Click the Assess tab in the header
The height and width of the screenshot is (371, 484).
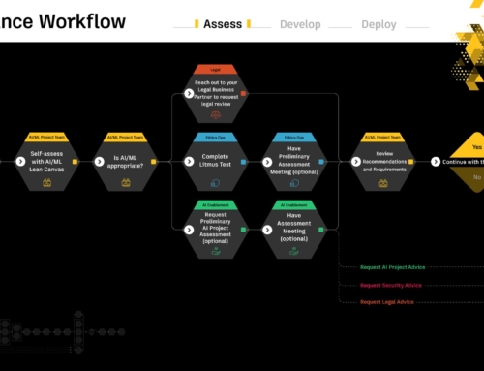click(x=224, y=24)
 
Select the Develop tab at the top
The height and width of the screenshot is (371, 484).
click(x=301, y=24)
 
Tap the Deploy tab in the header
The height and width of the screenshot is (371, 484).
click(x=378, y=24)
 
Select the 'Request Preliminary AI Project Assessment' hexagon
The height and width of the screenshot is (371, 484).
click(x=214, y=228)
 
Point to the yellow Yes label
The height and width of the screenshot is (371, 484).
click(x=475, y=147)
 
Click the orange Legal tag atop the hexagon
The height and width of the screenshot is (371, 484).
click(x=214, y=69)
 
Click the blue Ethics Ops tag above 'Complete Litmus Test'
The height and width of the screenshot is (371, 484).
click(x=214, y=137)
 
